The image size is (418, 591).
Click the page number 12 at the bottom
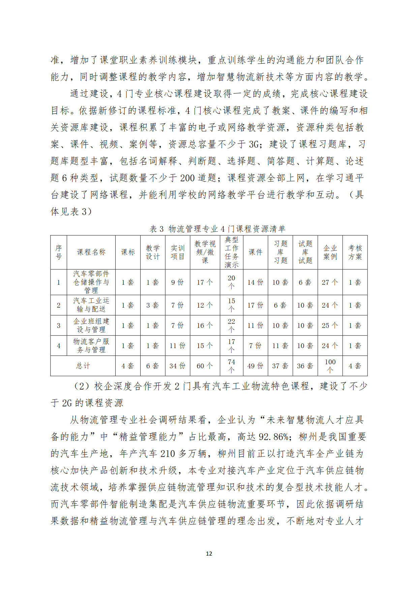(209, 554)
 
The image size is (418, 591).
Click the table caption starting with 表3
(217, 229)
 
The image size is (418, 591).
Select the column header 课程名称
(91, 252)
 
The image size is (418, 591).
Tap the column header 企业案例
(330, 252)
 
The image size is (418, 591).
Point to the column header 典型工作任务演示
(231, 252)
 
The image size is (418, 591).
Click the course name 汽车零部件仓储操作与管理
(91, 282)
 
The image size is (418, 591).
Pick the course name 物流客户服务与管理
(91, 345)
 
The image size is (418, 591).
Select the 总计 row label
(83, 366)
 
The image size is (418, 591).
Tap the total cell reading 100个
(330, 366)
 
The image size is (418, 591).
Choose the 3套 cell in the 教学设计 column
(153, 305)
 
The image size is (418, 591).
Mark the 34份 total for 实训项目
(177, 366)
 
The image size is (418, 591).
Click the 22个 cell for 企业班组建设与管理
(231, 325)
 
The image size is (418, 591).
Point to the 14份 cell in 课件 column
(255, 282)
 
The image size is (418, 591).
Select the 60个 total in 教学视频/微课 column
(205, 366)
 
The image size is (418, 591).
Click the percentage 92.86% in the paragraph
(273, 437)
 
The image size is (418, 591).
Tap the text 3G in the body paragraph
(253, 145)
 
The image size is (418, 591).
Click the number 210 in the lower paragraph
(167, 454)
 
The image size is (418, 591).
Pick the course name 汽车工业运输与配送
(91, 305)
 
